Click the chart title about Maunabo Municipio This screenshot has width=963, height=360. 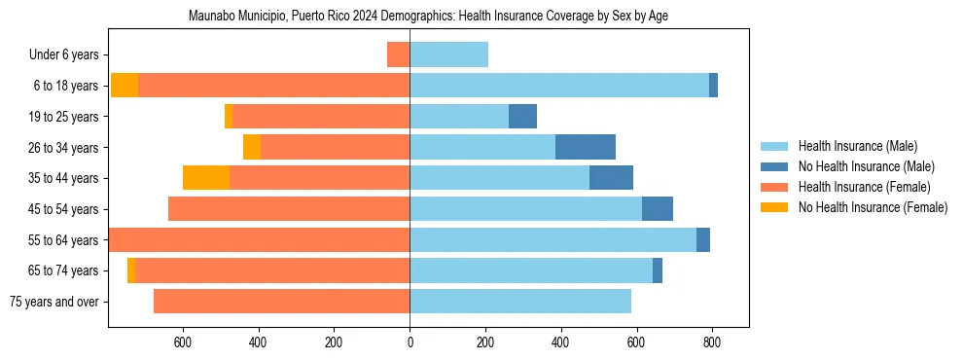pyautogui.click(x=428, y=17)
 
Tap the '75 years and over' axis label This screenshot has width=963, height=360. pyautogui.click(x=54, y=302)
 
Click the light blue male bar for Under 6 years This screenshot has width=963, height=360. pyautogui.click(x=448, y=54)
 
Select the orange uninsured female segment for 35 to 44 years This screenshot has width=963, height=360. pyautogui.click(x=206, y=178)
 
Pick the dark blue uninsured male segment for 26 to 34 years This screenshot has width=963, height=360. pyautogui.click(x=586, y=147)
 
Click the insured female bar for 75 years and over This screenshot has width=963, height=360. pyautogui.click(x=282, y=302)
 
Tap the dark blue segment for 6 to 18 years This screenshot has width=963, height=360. pyautogui.click(x=713, y=86)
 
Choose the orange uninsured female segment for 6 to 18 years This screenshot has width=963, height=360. pyautogui.click(x=125, y=86)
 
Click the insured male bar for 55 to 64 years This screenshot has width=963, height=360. pyautogui.click(x=553, y=239)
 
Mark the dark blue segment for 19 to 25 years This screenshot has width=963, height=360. pyautogui.click(x=522, y=116)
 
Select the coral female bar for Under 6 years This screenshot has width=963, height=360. pyautogui.click(x=399, y=54)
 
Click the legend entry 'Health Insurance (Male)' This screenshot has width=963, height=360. pyautogui.click(x=857, y=146)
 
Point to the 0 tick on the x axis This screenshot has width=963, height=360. pyautogui.click(x=410, y=342)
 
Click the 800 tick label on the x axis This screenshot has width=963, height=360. pyautogui.click(x=712, y=342)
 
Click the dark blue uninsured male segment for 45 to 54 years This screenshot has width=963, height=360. pyautogui.click(x=658, y=209)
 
